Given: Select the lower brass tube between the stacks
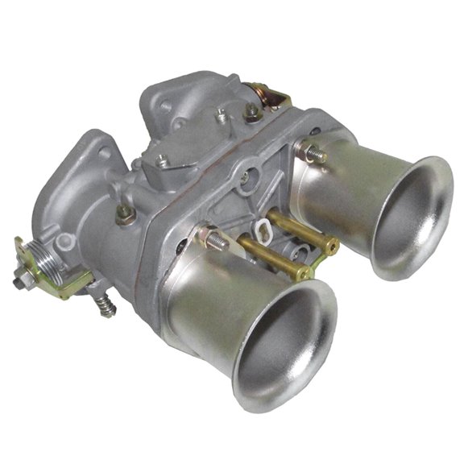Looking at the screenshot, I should click(x=274, y=261).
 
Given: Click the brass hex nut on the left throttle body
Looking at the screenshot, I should click(x=123, y=215).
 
